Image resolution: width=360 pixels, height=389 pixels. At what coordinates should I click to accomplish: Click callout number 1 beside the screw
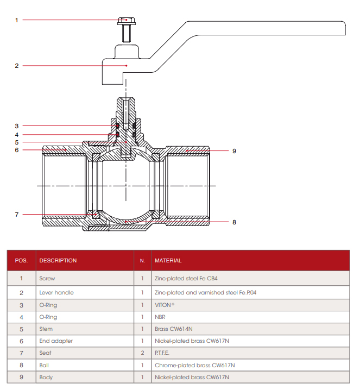[x=16, y=20]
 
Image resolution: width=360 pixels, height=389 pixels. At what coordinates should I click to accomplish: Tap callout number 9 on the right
[x=234, y=150]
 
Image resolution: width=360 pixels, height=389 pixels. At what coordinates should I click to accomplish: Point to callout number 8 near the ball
[x=234, y=222]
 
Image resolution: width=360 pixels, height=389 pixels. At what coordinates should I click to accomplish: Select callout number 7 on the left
[x=16, y=215]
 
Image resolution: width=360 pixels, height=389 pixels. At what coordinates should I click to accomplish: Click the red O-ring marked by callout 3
[x=117, y=127]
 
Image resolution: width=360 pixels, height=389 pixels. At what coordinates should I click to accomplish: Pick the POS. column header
[x=21, y=261]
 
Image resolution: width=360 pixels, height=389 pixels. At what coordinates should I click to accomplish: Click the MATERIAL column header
[x=168, y=261]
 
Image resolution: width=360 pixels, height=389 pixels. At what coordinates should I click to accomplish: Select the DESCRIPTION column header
[x=58, y=261]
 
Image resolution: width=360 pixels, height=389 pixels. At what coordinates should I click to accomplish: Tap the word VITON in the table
[x=163, y=305]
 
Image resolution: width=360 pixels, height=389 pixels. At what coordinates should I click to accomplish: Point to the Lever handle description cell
[x=56, y=292]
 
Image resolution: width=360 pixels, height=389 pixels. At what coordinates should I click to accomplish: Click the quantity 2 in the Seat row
[x=142, y=353]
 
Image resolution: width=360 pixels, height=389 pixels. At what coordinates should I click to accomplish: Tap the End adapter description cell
[x=56, y=341]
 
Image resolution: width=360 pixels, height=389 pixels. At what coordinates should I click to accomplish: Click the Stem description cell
[x=47, y=329]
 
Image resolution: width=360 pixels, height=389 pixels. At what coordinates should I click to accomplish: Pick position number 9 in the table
[x=21, y=378]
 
